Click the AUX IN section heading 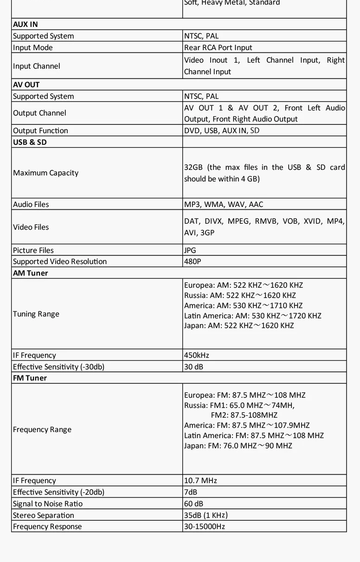26,24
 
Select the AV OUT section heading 26,84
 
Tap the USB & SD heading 30,142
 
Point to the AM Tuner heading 31,273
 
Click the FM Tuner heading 30,378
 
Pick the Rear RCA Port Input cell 218,47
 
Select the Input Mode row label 33,47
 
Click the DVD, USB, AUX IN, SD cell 222,130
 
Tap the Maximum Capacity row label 45,173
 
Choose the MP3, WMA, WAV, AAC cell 224,204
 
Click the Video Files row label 31,227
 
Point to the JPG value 190,250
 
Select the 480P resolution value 193,261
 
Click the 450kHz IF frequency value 197,355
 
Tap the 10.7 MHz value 200,480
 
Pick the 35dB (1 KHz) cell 206,515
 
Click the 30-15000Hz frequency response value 205,526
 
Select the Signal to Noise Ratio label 48,504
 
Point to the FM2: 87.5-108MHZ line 244,415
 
